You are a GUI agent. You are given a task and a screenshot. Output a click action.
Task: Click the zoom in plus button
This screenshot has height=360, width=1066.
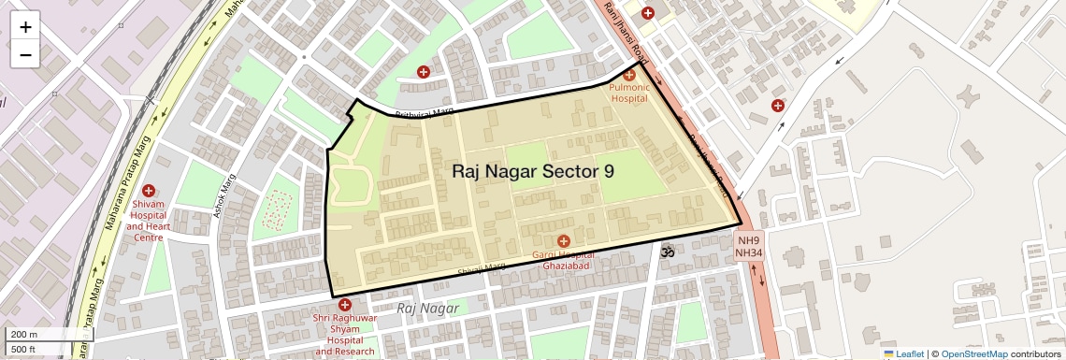click(25, 26)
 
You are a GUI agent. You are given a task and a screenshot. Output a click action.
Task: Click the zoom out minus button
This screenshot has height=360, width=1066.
click(25, 54)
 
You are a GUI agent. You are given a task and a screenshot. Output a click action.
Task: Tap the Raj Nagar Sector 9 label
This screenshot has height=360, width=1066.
click(533, 171)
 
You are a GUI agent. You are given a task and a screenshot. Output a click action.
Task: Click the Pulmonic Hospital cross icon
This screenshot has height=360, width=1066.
click(628, 75)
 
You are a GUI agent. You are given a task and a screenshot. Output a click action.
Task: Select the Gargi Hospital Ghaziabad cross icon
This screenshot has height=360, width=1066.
click(563, 241)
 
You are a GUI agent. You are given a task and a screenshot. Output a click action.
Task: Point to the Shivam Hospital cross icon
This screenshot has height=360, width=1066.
click(149, 191)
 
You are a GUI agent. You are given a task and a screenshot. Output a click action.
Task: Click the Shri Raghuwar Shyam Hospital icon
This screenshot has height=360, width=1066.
click(345, 305)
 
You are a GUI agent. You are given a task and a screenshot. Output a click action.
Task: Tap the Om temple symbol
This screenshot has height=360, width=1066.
click(668, 252)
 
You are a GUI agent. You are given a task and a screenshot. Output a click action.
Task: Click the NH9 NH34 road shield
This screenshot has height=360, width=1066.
click(749, 246)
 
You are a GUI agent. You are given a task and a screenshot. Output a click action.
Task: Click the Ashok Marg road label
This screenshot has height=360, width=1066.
click(226, 197)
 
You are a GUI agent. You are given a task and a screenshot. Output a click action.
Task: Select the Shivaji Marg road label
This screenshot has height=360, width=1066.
click(482, 269)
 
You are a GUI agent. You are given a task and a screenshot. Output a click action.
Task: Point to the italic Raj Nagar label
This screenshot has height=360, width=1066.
click(427, 308)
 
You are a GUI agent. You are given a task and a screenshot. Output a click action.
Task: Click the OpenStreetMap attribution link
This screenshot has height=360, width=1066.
click(973, 353)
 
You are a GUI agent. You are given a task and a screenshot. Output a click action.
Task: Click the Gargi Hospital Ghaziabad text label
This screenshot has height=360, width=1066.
click(563, 260)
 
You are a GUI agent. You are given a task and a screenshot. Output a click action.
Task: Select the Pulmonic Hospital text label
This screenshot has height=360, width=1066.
click(628, 92)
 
